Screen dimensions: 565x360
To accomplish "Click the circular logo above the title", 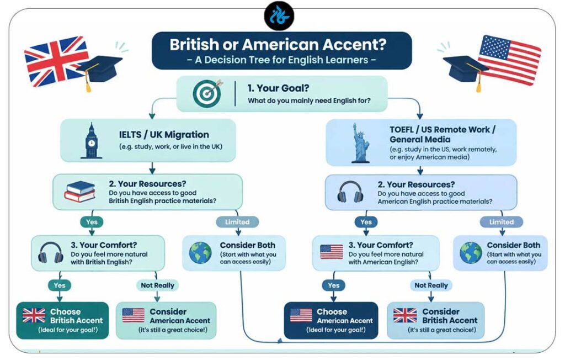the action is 279,16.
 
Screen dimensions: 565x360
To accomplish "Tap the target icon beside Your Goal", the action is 207,93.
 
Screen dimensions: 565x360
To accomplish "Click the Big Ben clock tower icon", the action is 92,141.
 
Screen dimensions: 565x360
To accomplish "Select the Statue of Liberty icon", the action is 360,143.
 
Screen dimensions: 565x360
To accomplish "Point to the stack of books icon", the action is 80,192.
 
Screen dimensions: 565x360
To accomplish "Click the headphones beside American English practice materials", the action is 350,192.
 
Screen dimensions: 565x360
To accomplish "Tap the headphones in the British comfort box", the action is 51,252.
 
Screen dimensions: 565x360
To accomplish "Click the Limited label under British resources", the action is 237,222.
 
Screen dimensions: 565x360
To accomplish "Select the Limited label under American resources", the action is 501,222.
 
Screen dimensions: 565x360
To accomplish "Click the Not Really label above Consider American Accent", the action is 157,285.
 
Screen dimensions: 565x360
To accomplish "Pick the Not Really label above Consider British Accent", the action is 431,285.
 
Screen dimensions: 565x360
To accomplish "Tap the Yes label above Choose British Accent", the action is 60,285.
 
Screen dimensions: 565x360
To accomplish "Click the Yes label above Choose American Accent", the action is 334,285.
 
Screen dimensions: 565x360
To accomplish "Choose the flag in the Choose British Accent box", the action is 34,315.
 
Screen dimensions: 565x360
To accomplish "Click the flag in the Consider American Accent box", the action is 134,315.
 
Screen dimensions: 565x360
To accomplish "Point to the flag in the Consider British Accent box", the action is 405,315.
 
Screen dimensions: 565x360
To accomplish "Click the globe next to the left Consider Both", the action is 200,253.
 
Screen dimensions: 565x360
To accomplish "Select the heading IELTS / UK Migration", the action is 164,135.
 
